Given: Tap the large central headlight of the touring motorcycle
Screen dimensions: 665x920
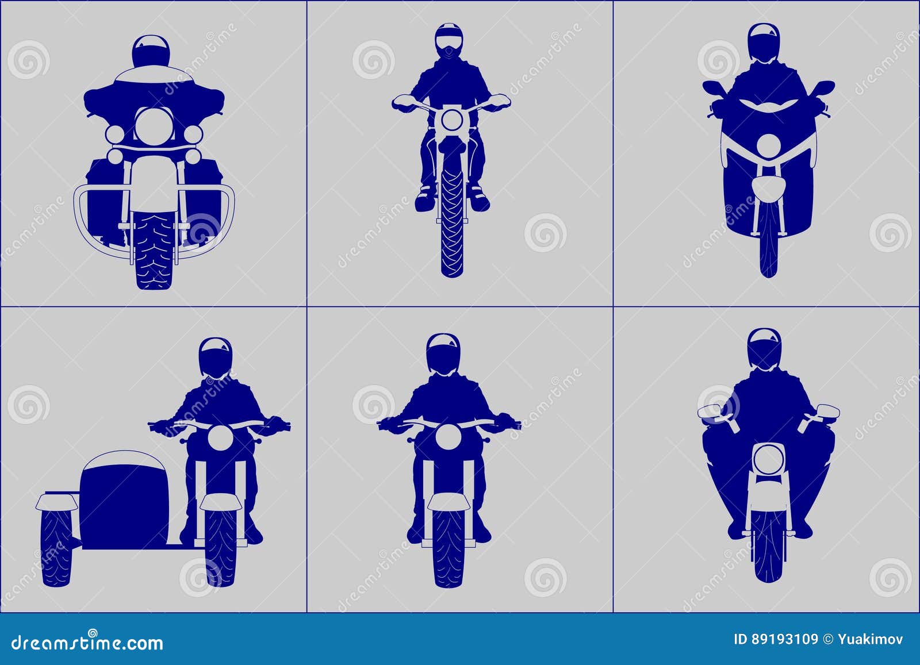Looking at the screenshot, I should [x=154, y=125].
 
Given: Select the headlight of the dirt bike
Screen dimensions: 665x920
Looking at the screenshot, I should [x=452, y=121].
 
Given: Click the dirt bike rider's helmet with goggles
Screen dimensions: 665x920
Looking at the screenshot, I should [x=448, y=40].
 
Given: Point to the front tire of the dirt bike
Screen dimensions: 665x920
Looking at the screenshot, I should [x=452, y=224].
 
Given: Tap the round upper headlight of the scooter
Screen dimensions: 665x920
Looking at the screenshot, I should [x=767, y=146].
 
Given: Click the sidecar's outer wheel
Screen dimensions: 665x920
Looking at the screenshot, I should [x=56, y=546].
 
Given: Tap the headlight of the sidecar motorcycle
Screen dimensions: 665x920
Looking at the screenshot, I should [x=220, y=439].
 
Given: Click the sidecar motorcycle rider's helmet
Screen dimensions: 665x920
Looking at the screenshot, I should [x=215, y=357].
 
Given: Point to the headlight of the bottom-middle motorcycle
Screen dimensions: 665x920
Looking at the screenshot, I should [x=448, y=437].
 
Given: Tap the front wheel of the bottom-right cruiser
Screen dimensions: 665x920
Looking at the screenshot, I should [x=768, y=546].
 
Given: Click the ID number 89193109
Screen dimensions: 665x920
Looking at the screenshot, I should [x=784, y=639].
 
